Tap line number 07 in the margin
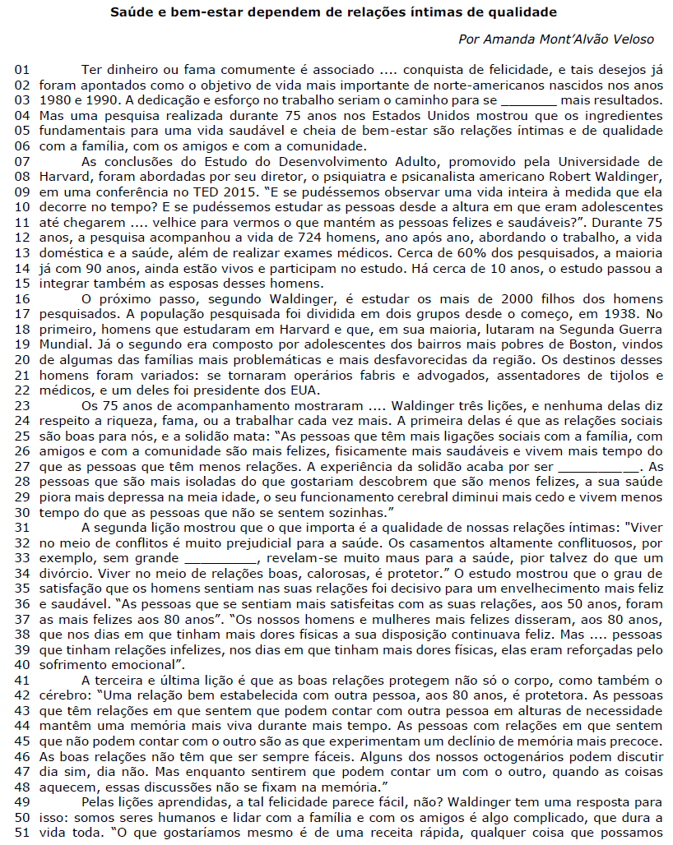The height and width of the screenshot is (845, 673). point(22,160)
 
